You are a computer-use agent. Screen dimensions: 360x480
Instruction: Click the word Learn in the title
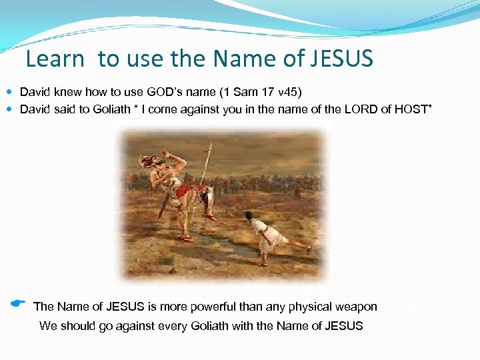click(x=55, y=59)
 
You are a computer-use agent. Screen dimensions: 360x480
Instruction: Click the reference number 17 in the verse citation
click(x=248, y=91)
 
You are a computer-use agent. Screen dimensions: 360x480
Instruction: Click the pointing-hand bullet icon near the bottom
click(x=18, y=303)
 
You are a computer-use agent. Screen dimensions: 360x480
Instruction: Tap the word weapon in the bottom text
click(x=356, y=307)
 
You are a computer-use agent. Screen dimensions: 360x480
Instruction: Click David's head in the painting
click(x=247, y=215)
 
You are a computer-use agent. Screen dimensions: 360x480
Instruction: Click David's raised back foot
click(x=307, y=249)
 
